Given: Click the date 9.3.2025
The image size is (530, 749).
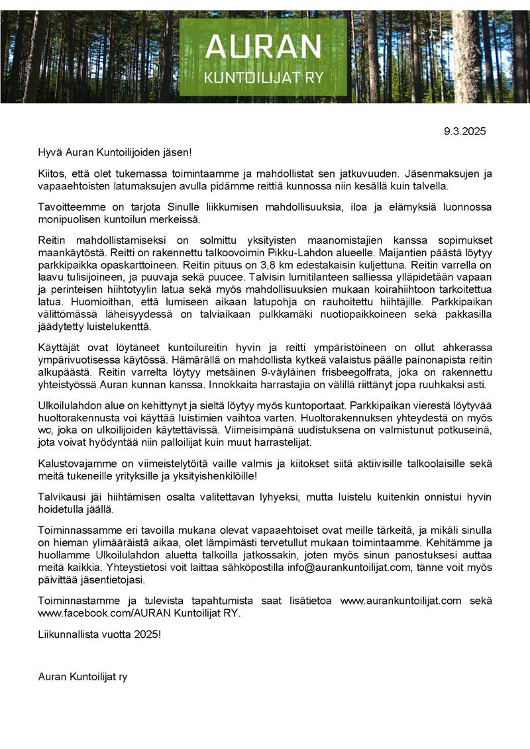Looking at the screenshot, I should [x=464, y=131].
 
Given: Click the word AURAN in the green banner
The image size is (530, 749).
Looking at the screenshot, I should [x=263, y=47].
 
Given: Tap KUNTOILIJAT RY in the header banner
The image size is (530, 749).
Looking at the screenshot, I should [x=263, y=77].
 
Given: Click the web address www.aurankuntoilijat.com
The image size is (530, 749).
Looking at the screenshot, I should [x=400, y=601].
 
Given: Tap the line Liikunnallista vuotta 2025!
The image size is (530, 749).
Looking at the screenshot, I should [x=99, y=634].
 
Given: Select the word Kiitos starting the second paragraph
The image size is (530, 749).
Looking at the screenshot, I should [x=52, y=174].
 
